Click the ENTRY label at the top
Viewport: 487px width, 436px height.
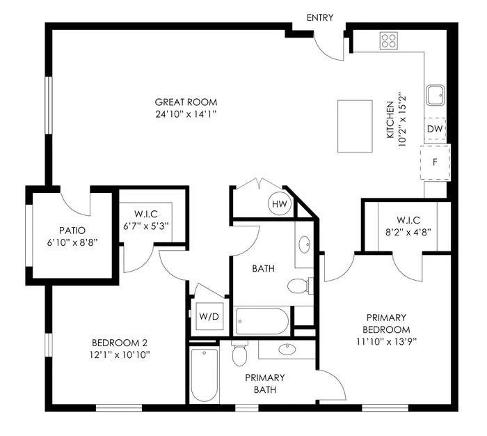[319, 17]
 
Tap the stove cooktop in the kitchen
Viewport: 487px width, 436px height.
[388, 40]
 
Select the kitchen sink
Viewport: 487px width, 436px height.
[436, 95]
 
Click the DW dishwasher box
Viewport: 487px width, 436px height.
[435, 129]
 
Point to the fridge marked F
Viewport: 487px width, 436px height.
[436, 162]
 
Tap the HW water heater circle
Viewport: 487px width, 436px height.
[279, 203]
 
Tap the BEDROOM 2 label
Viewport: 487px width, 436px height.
[120, 343]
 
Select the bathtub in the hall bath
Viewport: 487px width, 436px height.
[261, 321]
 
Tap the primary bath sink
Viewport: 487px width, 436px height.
[287, 349]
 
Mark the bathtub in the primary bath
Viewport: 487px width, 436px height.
[205, 375]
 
